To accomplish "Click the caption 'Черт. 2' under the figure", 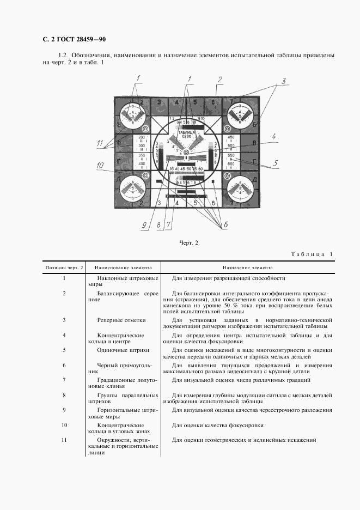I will pos(188,242).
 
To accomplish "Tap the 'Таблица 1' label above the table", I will pos(311,254).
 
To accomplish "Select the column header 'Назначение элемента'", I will pos(248,268).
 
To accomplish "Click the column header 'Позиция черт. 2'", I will pos(64,268).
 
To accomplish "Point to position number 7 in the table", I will pos(64,380).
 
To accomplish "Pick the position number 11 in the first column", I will pos(64,440).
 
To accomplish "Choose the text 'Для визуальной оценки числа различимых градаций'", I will pos(241,380).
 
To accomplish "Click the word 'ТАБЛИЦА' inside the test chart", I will pos(186,132).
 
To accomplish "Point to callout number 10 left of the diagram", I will pos(101,166).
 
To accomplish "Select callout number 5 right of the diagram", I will pos(276,163).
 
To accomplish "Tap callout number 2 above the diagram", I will pos(219,80).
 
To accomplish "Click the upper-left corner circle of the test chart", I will pos(131,113).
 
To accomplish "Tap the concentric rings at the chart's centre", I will pos(186,153).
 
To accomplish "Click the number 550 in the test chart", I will pos(231,155).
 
